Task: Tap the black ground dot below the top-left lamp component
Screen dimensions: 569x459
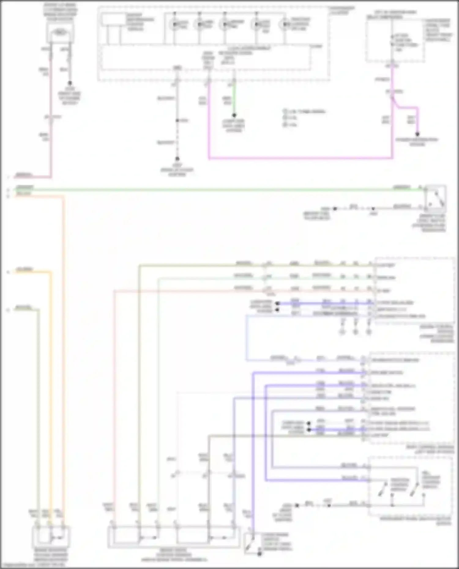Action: pyautogui.click(x=70, y=83)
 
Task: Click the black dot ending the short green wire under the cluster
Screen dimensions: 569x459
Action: pyautogui.click(x=234, y=115)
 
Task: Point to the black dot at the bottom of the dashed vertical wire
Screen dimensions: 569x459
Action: pyautogui.click(x=177, y=159)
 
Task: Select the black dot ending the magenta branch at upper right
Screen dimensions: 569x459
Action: pyautogui.click(x=417, y=134)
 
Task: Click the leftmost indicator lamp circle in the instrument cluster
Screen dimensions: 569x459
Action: pyautogui.click(x=175, y=24)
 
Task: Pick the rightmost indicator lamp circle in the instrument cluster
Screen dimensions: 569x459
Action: pyautogui.click(x=285, y=24)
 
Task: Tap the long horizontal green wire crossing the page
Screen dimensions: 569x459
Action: pyautogui.click(x=214, y=190)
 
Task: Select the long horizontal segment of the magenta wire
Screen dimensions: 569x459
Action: pyautogui.click(x=300, y=158)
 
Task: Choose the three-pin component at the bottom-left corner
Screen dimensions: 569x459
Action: pyautogui.click(x=51, y=537)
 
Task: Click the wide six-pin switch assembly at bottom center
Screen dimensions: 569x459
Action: pyautogui.click(x=174, y=537)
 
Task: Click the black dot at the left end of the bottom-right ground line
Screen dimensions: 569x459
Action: pyautogui.click(x=297, y=505)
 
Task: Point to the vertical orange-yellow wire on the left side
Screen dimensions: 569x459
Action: pyautogui.click(x=51, y=397)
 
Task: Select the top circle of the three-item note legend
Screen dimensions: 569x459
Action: pyautogui.click(x=285, y=112)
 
